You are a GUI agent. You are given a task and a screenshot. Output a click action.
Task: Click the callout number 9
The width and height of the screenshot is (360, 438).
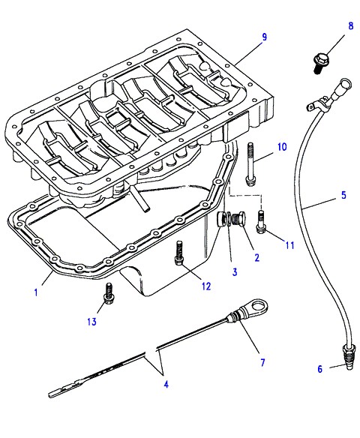coord(264,37)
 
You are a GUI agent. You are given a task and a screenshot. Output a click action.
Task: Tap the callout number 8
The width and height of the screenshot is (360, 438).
coord(351,26)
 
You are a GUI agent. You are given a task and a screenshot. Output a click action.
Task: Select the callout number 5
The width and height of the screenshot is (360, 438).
coord(343,195)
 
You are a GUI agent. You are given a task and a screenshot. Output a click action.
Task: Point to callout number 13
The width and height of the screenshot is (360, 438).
coord(91,322)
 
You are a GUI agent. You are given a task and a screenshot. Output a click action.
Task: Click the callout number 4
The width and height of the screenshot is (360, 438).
coord(166,385)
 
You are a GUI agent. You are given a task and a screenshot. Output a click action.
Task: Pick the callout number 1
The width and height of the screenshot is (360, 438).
coord(36,292)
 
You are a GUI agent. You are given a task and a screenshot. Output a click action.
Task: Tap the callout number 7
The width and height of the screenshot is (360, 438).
coord(262,362)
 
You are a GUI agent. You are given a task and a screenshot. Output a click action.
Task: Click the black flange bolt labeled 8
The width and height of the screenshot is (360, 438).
coord(319,63)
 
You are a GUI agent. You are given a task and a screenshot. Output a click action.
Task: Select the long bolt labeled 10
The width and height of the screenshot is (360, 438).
coord(250,163)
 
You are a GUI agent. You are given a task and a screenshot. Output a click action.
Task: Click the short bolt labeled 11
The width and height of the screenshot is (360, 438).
coord(260,222)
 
